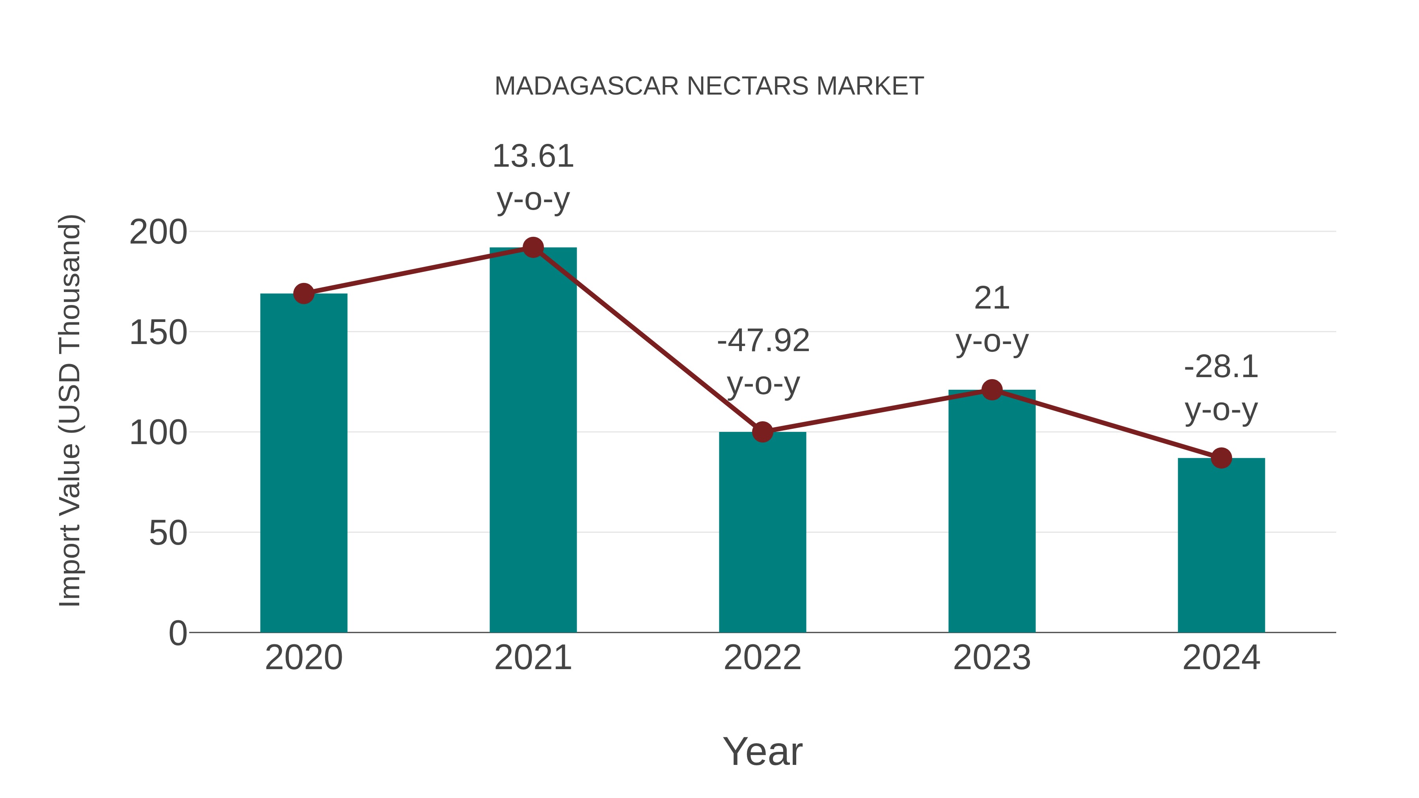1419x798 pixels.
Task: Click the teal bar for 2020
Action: [304, 463]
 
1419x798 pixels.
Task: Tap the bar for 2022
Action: [762, 532]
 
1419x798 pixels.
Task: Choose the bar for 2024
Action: [1221, 545]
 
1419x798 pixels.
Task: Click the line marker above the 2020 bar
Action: [304, 294]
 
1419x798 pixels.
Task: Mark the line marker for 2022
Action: [762, 432]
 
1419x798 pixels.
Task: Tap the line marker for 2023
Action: [992, 390]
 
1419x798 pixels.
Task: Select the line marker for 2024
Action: [1221, 458]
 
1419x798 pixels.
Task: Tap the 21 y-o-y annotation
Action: [992, 320]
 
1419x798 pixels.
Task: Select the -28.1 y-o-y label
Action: [1221, 388]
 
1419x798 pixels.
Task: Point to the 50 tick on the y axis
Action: [168, 533]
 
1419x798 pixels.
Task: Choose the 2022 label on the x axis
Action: [762, 658]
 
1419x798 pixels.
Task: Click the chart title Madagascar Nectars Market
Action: [709, 86]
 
